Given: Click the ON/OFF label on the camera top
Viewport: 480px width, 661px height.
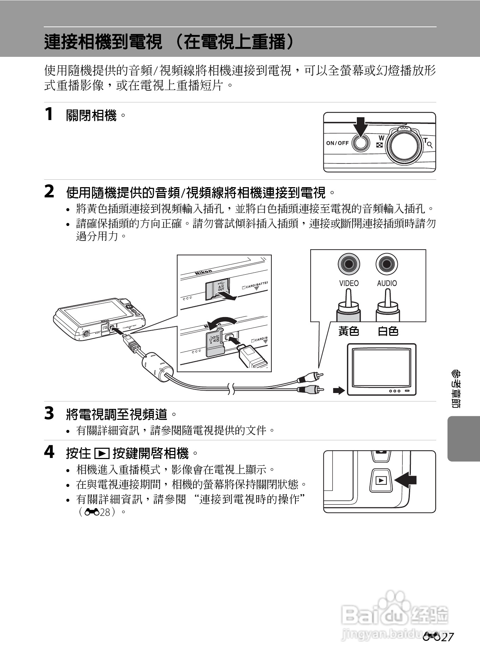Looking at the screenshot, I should pos(337,143).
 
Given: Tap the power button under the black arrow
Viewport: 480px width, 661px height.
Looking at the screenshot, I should pos(360,143).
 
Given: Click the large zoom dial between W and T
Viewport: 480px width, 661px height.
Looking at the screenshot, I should pos(404,146).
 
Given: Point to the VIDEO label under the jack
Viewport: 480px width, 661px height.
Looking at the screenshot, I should pos(349,283).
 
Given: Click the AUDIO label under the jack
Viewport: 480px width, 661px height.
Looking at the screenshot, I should pos(387,283).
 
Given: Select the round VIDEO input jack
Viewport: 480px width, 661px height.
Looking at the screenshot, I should pos(349,264).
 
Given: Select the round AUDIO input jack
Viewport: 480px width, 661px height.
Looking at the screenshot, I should pos(387,264).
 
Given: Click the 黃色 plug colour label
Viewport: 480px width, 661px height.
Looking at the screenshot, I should pos(349,331).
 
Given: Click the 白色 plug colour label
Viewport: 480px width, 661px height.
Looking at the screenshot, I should pos(388,331).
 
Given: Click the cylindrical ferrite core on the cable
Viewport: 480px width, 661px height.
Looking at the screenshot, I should pos(157,366).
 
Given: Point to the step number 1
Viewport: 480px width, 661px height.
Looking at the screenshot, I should pos(49,114).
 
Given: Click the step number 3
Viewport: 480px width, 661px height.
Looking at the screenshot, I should pos(49,413).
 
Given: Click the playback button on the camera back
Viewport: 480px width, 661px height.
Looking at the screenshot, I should pos(381,480).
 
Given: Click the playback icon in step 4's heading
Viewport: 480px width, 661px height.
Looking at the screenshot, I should pos(102,453).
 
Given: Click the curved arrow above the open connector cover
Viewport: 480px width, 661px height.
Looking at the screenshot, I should pos(221,321).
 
